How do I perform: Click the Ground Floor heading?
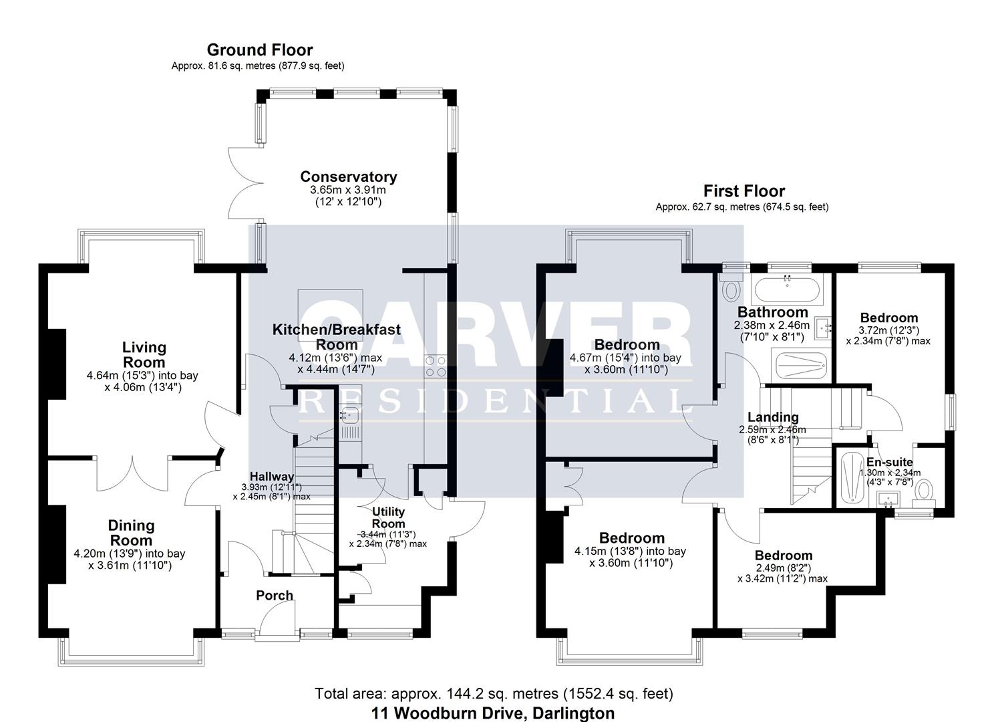(x=259, y=50)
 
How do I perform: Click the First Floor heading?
(x=743, y=191)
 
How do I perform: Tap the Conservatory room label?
(x=348, y=176)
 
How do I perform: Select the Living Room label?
(x=144, y=355)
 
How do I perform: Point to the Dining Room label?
(x=131, y=533)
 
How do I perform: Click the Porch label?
(x=275, y=596)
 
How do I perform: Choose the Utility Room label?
(x=388, y=517)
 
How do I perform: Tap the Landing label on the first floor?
(x=773, y=417)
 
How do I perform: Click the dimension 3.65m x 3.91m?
(x=348, y=190)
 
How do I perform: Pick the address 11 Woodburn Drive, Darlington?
(x=492, y=713)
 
